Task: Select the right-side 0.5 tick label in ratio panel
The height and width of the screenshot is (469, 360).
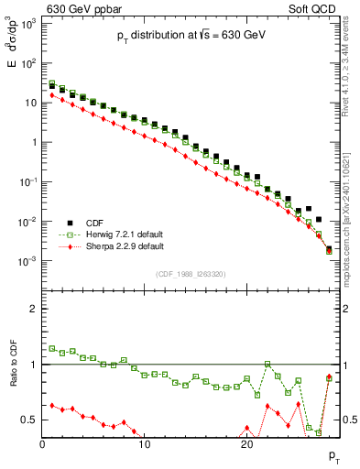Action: [x=348, y=420]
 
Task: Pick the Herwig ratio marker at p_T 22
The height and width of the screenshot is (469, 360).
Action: [x=267, y=364]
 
